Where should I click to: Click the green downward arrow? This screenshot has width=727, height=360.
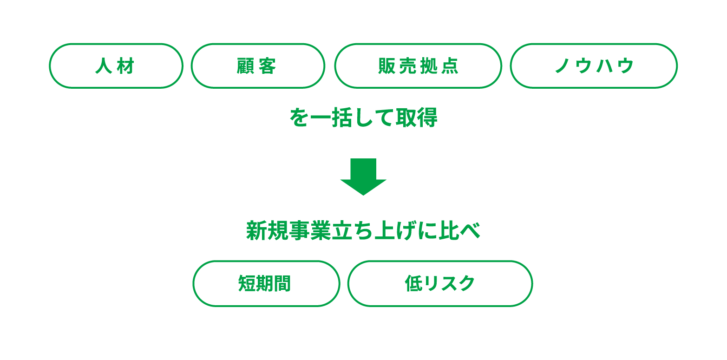[363, 177]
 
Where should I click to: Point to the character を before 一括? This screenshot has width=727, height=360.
[299, 118]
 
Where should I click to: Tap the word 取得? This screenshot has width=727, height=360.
[417, 118]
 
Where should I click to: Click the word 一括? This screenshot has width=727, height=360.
[331, 118]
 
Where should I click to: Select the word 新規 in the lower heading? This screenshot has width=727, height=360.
[267, 231]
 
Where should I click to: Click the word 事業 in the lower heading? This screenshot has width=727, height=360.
[310, 231]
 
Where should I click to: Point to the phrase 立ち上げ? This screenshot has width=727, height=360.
[374, 231]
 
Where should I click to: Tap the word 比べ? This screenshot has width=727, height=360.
[459, 231]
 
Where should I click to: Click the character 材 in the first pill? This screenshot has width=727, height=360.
[125, 66]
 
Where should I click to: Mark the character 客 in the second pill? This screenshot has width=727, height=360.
[268, 66]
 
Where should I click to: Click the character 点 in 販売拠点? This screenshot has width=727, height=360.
[450, 66]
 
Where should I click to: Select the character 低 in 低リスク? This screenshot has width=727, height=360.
[413, 283]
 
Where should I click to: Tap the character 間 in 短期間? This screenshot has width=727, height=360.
[282, 283]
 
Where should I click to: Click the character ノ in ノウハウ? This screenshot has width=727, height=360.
[563, 66]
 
